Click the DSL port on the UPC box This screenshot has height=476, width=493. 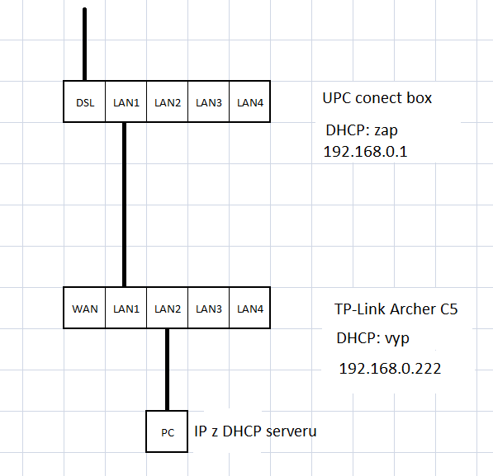click(84, 101)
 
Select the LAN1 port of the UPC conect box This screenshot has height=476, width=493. click(126, 101)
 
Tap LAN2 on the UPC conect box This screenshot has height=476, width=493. click(168, 101)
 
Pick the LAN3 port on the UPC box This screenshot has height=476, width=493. click(208, 101)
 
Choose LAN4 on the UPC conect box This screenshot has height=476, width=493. click(249, 101)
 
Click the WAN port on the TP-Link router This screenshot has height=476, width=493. click(84, 308)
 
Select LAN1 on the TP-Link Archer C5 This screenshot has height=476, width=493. click(126, 308)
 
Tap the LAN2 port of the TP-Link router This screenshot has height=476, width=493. click(168, 308)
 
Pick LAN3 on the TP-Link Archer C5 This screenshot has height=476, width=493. click(208, 308)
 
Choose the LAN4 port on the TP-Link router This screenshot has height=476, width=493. click(249, 308)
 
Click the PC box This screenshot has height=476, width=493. click(167, 431)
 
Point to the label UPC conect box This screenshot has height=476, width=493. click(377, 98)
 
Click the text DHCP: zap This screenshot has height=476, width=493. click(362, 130)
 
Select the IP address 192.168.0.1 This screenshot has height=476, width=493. click(365, 152)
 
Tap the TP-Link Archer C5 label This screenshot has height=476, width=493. click(396, 309)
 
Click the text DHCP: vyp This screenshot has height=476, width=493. click(373, 339)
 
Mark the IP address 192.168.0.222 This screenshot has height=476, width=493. click(390, 369)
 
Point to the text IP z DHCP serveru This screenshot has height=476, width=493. click(255, 431)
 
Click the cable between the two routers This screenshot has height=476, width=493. click(124, 205)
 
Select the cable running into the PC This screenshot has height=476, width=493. click(168, 370)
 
